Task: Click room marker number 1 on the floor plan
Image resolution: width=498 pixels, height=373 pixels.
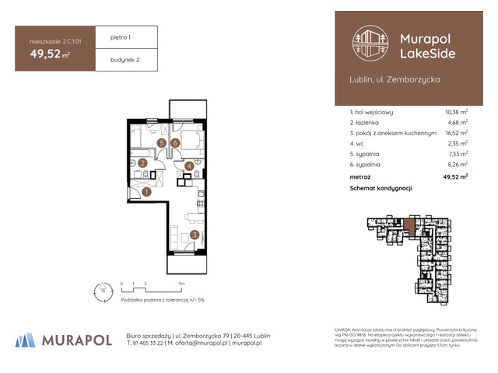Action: click(x=146, y=192)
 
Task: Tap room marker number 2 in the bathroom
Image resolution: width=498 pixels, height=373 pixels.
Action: click(x=142, y=163)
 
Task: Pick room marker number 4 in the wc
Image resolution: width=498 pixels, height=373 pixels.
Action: click(x=189, y=165)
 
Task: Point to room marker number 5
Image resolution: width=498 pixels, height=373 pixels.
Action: click(x=161, y=143)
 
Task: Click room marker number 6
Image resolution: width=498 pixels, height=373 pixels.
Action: click(x=176, y=143)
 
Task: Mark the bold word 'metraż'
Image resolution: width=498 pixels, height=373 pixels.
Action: click(x=361, y=177)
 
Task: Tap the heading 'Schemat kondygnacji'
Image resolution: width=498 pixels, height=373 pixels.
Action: click(x=381, y=189)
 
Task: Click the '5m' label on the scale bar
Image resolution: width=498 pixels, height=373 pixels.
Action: click(x=181, y=284)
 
